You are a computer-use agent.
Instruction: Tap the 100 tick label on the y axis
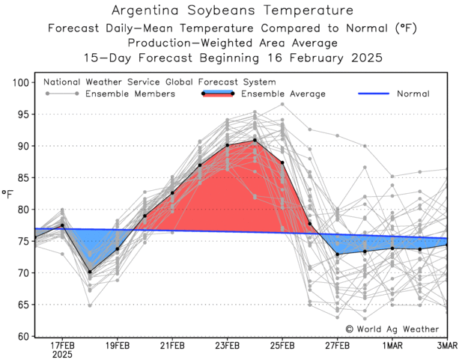(x=20, y=83)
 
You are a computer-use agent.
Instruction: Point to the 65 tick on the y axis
(x=23, y=305)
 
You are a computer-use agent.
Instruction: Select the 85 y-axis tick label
(x=23, y=178)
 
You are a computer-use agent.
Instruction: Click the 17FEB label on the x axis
(x=62, y=345)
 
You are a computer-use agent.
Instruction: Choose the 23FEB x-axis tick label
(x=228, y=345)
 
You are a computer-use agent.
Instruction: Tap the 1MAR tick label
(x=392, y=345)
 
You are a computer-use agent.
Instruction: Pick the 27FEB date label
(x=338, y=345)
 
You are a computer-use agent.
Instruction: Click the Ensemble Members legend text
(x=130, y=94)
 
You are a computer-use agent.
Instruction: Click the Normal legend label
(x=413, y=94)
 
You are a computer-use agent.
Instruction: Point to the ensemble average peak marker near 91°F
(x=255, y=140)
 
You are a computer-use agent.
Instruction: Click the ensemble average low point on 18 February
(x=90, y=272)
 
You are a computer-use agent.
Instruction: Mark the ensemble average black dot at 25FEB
(x=282, y=162)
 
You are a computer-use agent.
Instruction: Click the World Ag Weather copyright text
(x=393, y=329)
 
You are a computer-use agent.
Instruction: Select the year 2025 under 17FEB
(x=62, y=354)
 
